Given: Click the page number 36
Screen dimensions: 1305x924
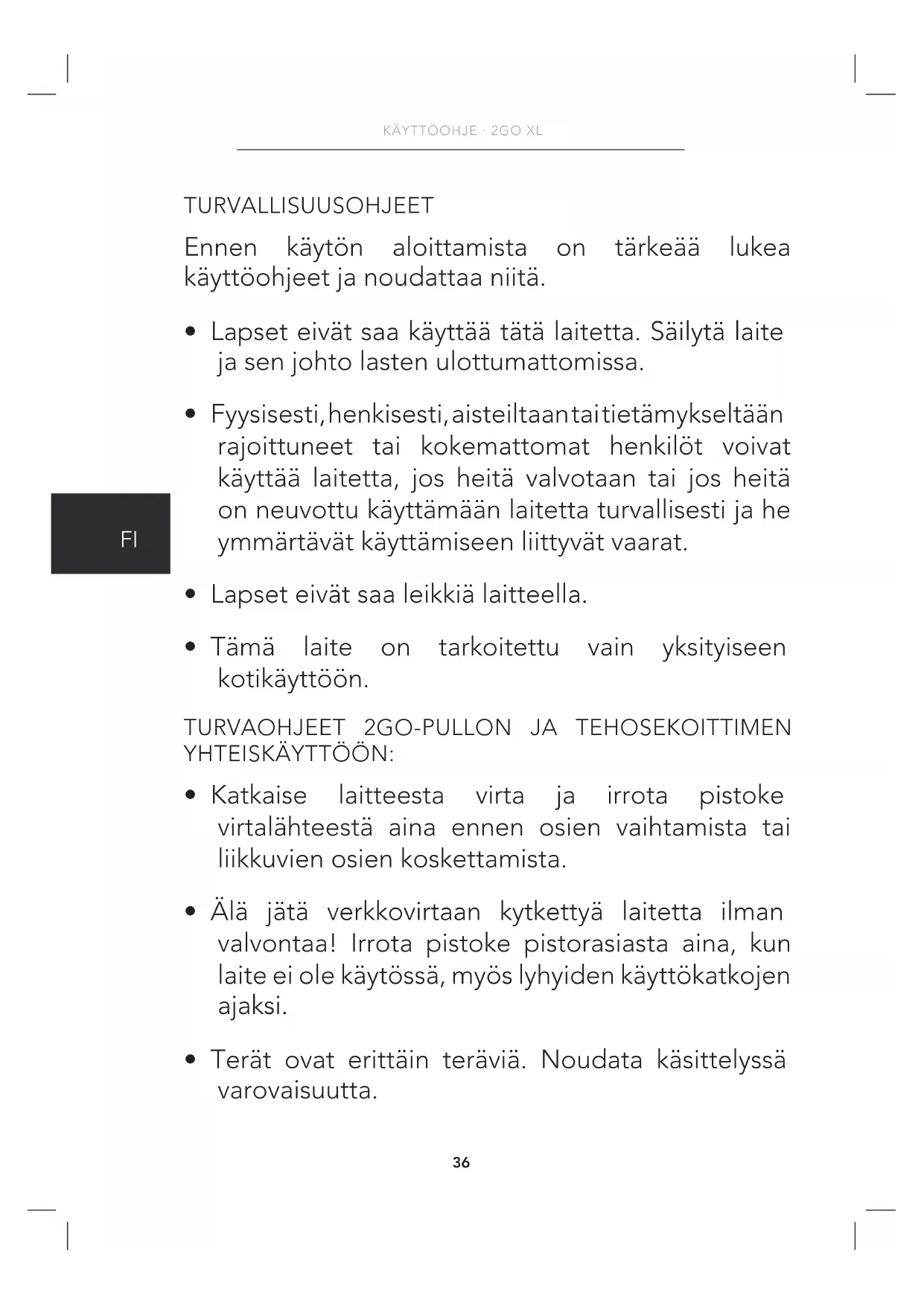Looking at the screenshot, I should [x=461, y=1162].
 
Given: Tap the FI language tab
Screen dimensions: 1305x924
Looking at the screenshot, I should [x=129, y=539].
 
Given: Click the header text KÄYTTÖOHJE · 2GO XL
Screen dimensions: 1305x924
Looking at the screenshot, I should [x=462, y=131].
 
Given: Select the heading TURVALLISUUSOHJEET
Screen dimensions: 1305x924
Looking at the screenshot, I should [x=308, y=206].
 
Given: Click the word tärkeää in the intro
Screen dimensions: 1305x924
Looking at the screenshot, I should [x=657, y=248].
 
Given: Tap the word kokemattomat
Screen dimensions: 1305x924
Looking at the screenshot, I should [x=505, y=447].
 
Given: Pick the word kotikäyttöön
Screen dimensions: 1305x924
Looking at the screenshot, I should [x=293, y=679].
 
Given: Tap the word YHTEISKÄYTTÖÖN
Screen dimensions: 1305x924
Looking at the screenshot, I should [x=288, y=754].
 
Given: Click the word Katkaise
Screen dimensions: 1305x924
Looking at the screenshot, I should [x=258, y=795].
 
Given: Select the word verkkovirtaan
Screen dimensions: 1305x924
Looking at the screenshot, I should [x=404, y=912].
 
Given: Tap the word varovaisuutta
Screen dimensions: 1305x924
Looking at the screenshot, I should [x=297, y=1091].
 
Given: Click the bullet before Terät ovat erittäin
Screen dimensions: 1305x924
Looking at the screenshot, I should [x=191, y=1059].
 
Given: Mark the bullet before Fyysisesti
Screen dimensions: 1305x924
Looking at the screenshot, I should [x=191, y=414].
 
